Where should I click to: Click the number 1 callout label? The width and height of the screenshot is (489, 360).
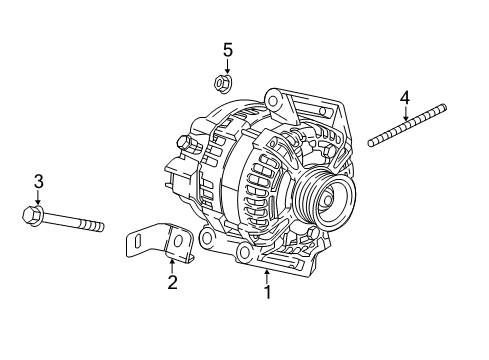pos(267,293)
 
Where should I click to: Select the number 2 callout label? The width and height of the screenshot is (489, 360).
pos(172,283)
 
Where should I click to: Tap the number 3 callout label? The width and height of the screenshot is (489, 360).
pos(38,181)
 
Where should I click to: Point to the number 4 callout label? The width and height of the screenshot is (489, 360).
pos(405,97)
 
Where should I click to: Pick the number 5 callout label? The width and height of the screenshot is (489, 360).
pos(227,49)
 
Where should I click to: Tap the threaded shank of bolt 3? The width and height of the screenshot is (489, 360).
pos(75,222)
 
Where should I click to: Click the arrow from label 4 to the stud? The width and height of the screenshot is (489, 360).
pos(405,113)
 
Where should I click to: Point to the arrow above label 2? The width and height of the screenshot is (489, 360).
pos(172,265)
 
